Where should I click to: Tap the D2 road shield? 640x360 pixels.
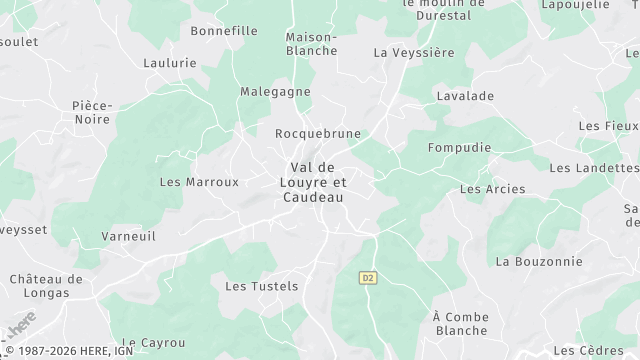click(x=367, y=277)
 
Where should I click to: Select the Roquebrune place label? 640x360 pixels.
click(x=317, y=133)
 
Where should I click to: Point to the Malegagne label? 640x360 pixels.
click(x=275, y=92)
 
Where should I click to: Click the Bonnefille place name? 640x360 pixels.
click(x=224, y=31)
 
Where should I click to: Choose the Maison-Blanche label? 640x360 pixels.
click(x=312, y=43)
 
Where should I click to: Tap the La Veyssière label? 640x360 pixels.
click(x=407, y=52)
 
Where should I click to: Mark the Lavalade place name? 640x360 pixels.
click(x=465, y=96)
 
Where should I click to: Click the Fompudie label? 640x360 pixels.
click(x=459, y=147)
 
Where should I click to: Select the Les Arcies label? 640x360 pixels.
click(x=486, y=189)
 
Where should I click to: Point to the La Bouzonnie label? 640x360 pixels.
click(x=539, y=261)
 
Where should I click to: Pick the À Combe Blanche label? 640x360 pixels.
click(x=461, y=323)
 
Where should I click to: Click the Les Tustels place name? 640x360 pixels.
click(x=262, y=286)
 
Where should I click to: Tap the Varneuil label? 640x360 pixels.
click(x=127, y=237)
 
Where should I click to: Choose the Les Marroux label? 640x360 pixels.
click(x=200, y=182)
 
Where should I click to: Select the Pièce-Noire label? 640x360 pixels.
click(x=92, y=112)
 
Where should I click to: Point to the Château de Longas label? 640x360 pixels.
click(x=45, y=285)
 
